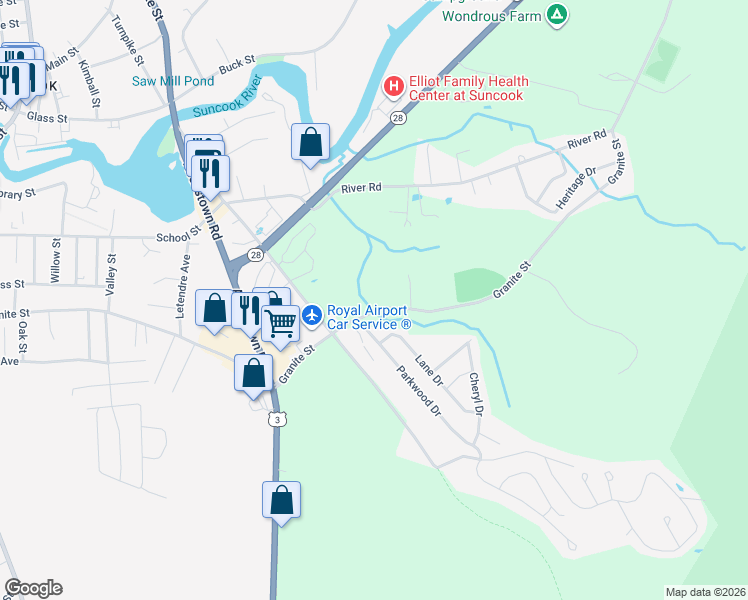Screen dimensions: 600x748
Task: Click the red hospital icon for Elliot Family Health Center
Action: tap(394, 87)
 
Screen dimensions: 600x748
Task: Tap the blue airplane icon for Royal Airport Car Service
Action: tap(313, 315)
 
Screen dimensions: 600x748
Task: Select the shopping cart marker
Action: tap(281, 324)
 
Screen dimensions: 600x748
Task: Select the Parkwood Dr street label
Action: tap(418, 391)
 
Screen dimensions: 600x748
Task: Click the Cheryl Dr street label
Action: tap(477, 394)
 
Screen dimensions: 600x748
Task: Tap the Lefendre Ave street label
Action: tap(183, 285)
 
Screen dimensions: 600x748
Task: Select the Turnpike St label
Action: tap(129, 36)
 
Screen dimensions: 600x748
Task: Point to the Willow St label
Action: tap(55, 263)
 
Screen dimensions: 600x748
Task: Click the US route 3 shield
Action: tap(275, 420)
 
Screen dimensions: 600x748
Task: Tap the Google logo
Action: tap(33, 588)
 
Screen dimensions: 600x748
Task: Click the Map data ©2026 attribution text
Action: tap(705, 592)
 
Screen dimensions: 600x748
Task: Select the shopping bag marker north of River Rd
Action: tap(311, 142)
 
